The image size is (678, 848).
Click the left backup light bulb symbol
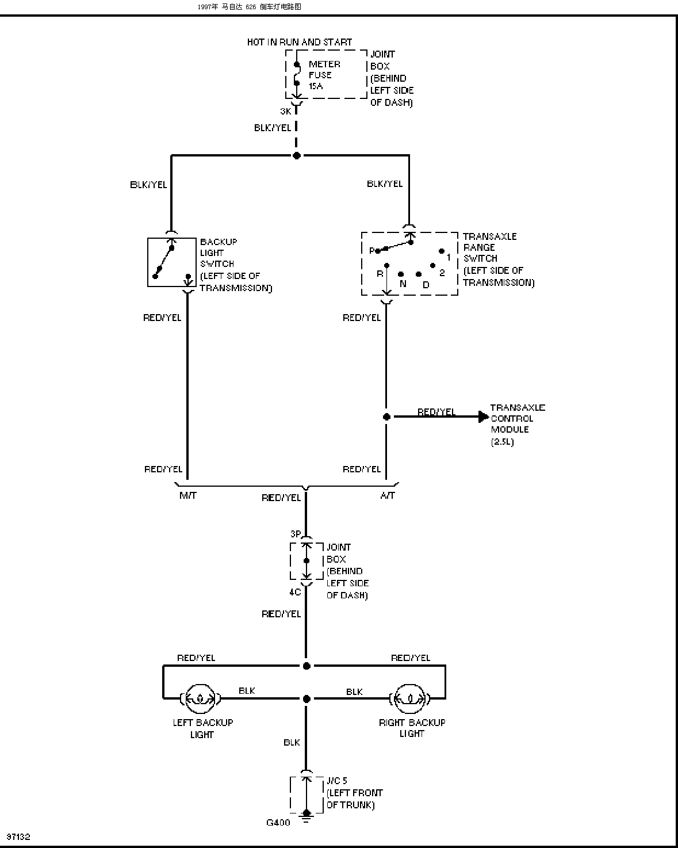pos(200,698)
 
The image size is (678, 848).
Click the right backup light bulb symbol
pos(409,698)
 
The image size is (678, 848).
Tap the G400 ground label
pos(278,823)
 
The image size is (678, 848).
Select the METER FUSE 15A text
pos(324,75)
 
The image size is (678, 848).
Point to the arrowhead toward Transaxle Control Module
pos(484,417)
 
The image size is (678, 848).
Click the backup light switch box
pos(172,262)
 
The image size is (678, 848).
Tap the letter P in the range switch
pos(371,251)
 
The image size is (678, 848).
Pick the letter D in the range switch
pos(426,285)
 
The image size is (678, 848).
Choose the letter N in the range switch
pos(403,284)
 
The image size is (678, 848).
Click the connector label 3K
pos(286,112)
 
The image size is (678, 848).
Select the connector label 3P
pos(296,533)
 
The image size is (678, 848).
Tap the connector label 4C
pos(295,592)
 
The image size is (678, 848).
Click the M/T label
pos(188,495)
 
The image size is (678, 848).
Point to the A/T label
pos(387,495)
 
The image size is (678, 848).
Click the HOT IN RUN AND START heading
pos(300,42)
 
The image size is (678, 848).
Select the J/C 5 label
pos(337,781)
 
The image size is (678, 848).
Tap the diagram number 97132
pos(18,836)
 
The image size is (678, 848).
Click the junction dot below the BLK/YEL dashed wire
pos(297,156)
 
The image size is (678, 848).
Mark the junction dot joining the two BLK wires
pos(307,698)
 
